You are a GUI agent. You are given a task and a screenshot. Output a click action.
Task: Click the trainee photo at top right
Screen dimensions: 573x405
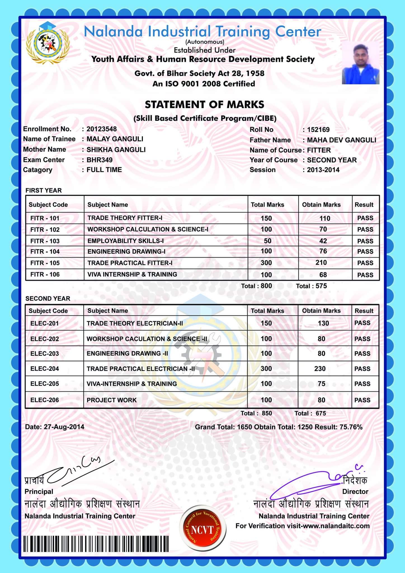[x=361, y=63]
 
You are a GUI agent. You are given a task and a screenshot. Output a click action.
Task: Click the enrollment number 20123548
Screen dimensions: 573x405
[x=102, y=129]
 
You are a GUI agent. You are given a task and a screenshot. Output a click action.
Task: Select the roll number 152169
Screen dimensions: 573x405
[x=318, y=130]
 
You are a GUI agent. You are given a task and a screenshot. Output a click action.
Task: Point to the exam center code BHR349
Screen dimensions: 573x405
[x=100, y=160]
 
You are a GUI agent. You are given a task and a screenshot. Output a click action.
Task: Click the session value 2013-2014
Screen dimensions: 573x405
[x=323, y=170]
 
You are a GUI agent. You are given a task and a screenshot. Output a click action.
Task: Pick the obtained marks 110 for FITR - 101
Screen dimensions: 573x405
[x=325, y=218]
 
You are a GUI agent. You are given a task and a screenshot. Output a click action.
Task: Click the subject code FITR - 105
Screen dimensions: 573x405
[x=45, y=263]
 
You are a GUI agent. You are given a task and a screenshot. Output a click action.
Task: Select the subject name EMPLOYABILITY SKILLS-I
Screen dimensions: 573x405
[x=126, y=241]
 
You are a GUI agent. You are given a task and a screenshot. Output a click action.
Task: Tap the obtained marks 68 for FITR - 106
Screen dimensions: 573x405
[x=323, y=275]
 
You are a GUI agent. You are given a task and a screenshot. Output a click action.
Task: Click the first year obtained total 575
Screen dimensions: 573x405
[x=321, y=286]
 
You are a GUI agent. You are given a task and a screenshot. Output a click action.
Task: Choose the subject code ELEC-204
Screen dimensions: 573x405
[x=45, y=369]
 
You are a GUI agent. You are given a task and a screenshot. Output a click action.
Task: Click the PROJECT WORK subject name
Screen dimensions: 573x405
[x=112, y=400]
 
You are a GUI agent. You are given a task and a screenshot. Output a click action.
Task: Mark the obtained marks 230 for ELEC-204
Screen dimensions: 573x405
[x=320, y=369]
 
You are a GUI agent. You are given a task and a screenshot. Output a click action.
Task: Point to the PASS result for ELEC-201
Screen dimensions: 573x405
[x=362, y=323]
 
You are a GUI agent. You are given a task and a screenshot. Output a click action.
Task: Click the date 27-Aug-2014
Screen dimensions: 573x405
[x=64, y=427]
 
